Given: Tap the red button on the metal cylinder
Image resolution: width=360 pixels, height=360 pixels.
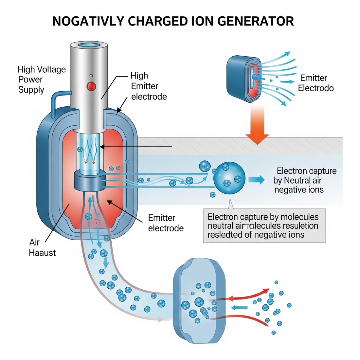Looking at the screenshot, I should [91, 86].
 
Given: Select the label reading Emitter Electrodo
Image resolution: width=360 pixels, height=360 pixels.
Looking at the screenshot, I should [315, 83].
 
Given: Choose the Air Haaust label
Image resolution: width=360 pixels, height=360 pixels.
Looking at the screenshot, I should [42, 247].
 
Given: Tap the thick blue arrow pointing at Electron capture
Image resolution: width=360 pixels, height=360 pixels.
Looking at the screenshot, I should [256, 180].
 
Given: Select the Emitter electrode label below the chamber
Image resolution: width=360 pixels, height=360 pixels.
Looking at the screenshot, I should [166, 223].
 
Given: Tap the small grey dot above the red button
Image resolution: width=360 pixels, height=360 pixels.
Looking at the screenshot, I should [91, 76].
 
